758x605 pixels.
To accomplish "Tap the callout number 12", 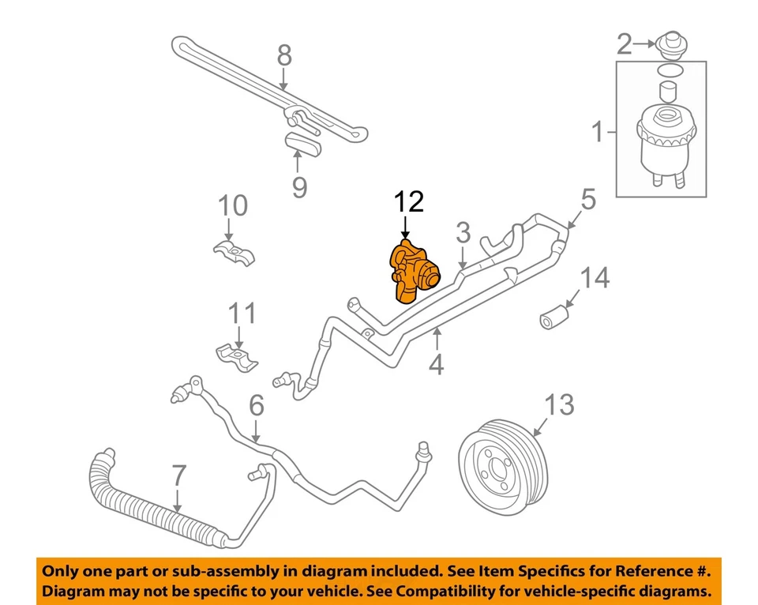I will click(411, 202).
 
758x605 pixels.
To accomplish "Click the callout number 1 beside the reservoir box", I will click(598, 132).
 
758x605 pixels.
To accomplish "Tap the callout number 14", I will click(596, 278).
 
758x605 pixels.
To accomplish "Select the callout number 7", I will click(179, 476).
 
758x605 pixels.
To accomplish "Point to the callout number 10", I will click(233, 206).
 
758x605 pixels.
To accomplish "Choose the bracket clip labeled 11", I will click(237, 356).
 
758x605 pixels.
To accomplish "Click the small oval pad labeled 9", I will click(303, 145).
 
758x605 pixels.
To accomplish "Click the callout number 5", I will click(588, 200).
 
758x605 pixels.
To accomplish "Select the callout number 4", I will click(436, 365).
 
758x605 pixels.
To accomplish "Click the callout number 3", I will click(463, 232).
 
